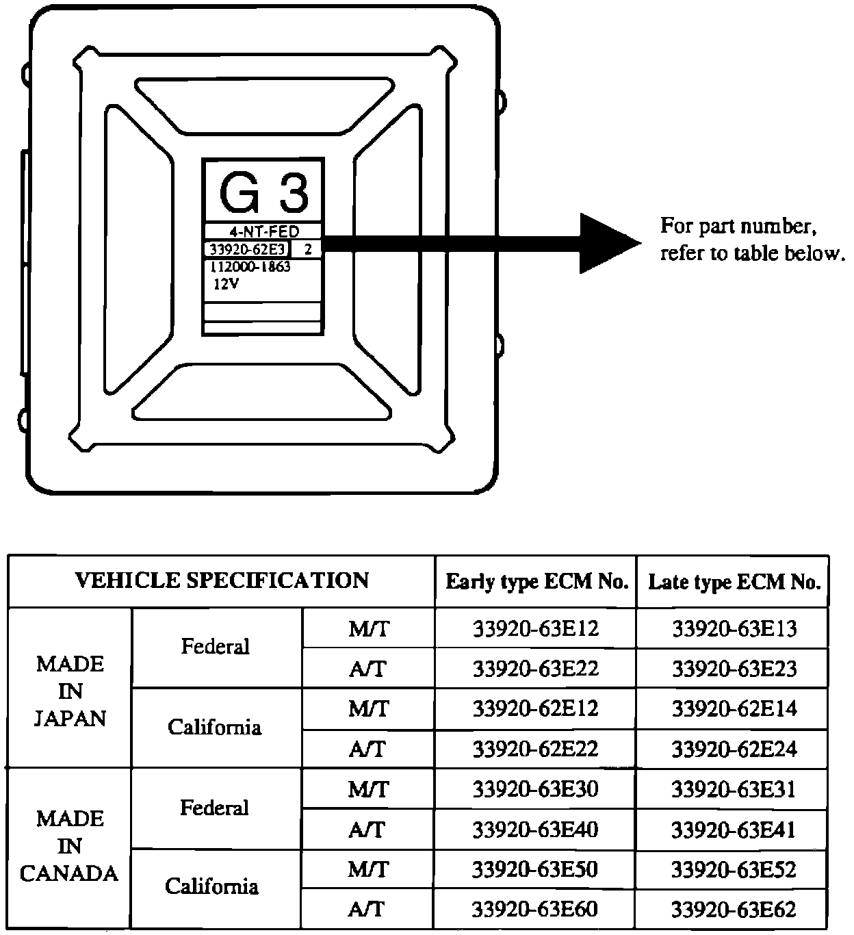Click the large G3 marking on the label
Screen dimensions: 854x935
coord(262,192)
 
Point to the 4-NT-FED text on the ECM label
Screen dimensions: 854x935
coord(263,231)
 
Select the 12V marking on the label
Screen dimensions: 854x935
coord(226,285)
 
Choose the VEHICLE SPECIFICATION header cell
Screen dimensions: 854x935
coord(222,581)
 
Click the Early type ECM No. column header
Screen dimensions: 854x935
coord(536,582)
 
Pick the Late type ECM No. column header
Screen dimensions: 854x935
coord(734,582)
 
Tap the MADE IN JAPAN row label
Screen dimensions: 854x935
coord(70,691)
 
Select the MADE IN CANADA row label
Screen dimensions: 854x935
coord(69,846)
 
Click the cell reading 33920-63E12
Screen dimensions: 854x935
coord(536,628)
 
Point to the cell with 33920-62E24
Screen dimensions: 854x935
coord(734,750)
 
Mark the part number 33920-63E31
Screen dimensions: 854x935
coord(734,790)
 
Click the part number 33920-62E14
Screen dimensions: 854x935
coord(734,709)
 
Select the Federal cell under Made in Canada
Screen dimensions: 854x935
coord(214,808)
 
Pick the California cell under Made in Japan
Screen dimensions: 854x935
coord(214,727)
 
